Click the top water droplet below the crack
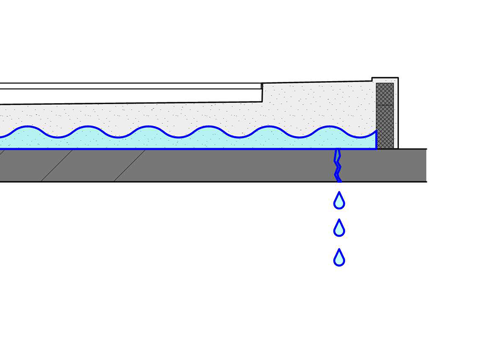click(339, 201)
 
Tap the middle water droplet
click(339, 229)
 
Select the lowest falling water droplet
click(339, 258)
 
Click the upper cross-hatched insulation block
click(384, 94)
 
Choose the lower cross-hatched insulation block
click(384, 126)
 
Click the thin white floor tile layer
click(130, 86)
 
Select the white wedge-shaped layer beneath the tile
click(130, 96)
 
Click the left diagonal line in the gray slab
click(57, 165)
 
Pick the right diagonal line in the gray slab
click(130, 165)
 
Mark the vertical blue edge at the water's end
click(376, 139)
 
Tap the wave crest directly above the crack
click(331, 127)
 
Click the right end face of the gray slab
click(426, 165)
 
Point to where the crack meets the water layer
click(337, 149)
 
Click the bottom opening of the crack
click(339, 181)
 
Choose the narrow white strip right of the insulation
click(396, 115)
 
